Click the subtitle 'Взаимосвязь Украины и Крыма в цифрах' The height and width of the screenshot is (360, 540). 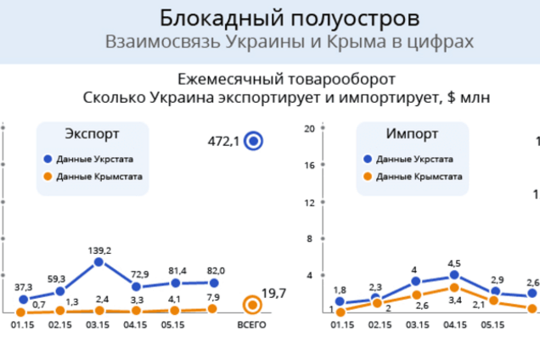click(x=289, y=42)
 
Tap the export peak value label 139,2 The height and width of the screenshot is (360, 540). click(x=100, y=250)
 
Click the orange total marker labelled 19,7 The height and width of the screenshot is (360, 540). click(x=251, y=305)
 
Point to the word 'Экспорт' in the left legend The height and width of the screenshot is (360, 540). click(x=92, y=135)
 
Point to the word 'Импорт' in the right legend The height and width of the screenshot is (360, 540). click(x=412, y=135)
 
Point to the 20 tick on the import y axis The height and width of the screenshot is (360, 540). click(x=310, y=129)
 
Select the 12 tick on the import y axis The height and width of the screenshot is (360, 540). click(x=310, y=202)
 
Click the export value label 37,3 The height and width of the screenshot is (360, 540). click(x=24, y=287)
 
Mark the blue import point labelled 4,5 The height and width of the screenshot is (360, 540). click(x=454, y=275)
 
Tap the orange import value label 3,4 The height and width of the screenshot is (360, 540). click(x=454, y=300)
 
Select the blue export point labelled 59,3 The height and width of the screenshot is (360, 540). click(x=60, y=291)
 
